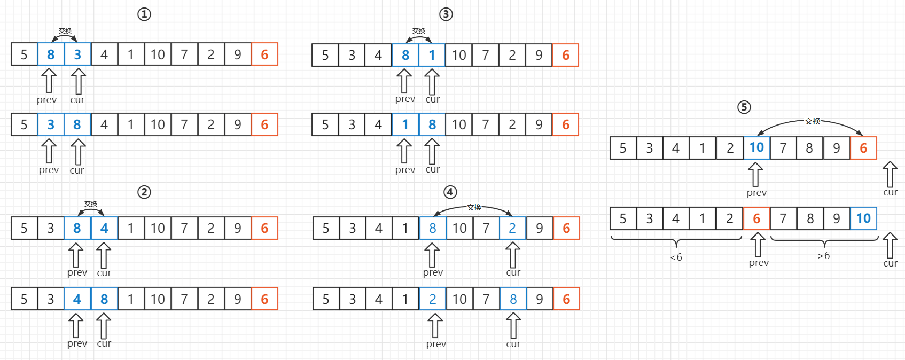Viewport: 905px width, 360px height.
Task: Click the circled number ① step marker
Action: (144, 14)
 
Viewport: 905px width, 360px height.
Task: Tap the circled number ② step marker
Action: (144, 192)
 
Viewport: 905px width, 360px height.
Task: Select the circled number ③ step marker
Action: (446, 14)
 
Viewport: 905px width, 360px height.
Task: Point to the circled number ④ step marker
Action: (450, 192)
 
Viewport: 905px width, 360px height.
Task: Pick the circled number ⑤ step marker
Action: (744, 107)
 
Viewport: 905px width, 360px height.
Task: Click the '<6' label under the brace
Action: (676, 257)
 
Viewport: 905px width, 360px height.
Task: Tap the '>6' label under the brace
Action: (824, 256)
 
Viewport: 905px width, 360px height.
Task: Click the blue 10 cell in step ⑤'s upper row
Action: (756, 148)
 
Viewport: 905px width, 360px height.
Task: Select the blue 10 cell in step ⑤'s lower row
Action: (863, 218)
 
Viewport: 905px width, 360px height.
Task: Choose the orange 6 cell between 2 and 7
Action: (756, 218)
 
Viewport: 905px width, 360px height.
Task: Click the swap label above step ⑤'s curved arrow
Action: (812, 121)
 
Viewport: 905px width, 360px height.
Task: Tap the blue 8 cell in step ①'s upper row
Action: (51, 54)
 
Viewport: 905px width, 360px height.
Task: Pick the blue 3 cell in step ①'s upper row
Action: (77, 54)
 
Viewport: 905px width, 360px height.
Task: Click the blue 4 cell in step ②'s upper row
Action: (104, 229)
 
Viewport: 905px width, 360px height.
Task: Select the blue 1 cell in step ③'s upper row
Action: (432, 55)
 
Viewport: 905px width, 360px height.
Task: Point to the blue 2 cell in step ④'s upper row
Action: (512, 229)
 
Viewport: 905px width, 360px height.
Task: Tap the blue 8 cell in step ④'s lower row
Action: (513, 299)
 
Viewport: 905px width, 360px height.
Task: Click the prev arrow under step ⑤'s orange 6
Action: (758, 245)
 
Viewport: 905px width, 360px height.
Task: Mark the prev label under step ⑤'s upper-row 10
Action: (756, 193)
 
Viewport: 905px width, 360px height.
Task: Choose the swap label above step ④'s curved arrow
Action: (474, 207)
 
